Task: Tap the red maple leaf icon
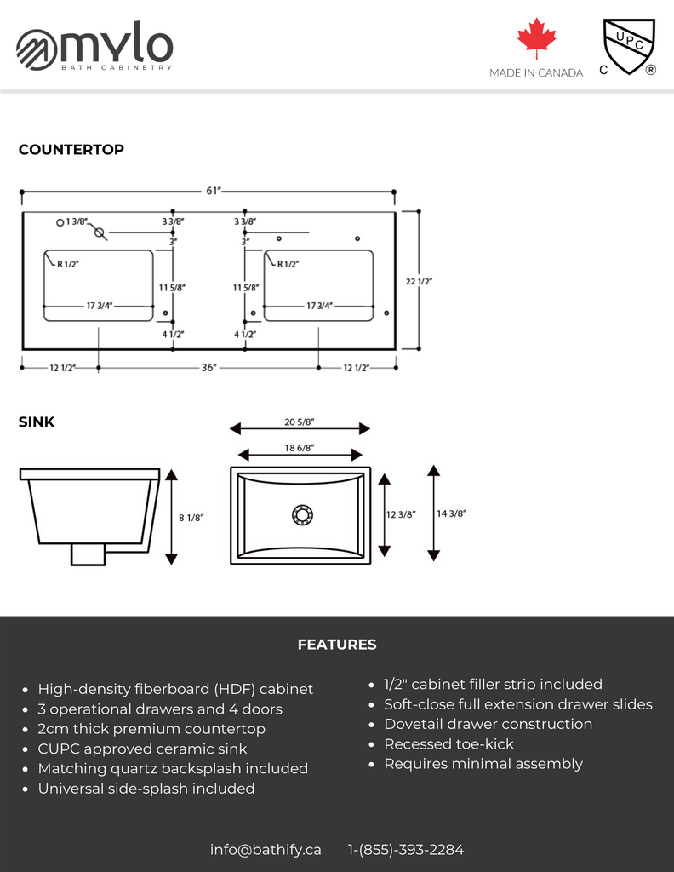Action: click(536, 39)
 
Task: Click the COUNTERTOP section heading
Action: click(71, 150)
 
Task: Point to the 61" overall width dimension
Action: click(214, 191)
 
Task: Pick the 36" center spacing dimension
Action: click(209, 368)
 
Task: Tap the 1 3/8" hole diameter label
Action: click(77, 221)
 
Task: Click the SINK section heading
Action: click(37, 422)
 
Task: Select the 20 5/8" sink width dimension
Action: click(300, 422)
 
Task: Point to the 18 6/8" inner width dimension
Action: click(300, 448)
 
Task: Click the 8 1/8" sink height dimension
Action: click(191, 517)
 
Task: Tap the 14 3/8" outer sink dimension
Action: click(452, 513)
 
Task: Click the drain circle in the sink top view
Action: click(302, 513)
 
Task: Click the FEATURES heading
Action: click(337, 645)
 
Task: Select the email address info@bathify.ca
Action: click(266, 849)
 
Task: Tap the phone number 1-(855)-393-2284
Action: click(406, 849)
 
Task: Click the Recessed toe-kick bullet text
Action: click(448, 744)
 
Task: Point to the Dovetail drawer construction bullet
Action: click(488, 724)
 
